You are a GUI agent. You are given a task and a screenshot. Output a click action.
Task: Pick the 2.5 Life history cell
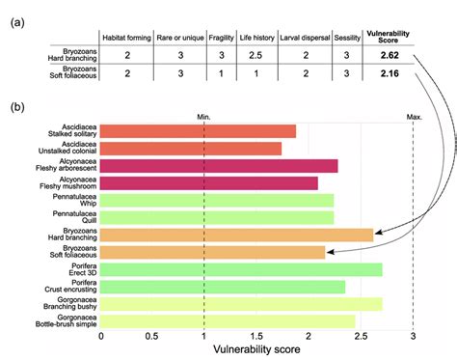coord(255,56)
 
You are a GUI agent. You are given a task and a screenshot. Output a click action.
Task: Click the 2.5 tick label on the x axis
coord(360,338)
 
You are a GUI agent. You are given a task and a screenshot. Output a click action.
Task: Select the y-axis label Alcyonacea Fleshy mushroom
coord(67,182)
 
